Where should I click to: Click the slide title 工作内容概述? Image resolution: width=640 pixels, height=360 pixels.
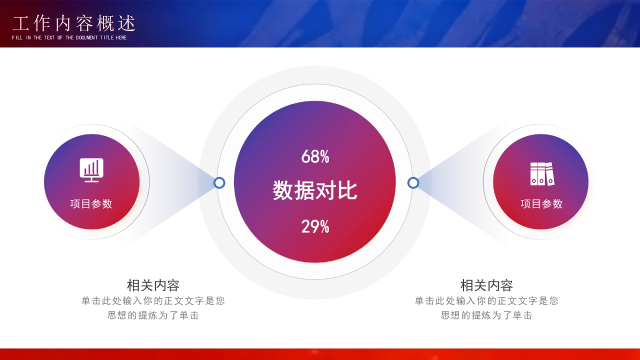pyautogui.click(x=74, y=23)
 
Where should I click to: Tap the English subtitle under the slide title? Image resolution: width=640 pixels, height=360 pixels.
pyautogui.click(x=69, y=38)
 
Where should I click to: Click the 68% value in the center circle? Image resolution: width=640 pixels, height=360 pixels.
pyautogui.click(x=315, y=157)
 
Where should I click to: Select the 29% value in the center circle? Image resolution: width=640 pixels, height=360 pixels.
pyautogui.click(x=315, y=227)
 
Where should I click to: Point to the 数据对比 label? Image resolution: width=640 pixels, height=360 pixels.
pyautogui.click(x=315, y=191)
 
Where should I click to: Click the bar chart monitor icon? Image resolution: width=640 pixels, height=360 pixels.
pyautogui.click(x=92, y=170)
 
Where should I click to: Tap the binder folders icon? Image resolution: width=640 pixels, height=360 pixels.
pyautogui.click(x=541, y=174)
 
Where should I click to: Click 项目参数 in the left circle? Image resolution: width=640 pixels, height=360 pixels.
pyautogui.click(x=91, y=204)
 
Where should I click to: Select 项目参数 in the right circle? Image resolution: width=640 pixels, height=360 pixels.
pyautogui.click(x=541, y=204)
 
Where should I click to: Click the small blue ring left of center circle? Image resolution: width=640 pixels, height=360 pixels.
pyautogui.click(x=219, y=183)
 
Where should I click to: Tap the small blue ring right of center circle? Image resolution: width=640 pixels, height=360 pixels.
pyautogui.click(x=413, y=183)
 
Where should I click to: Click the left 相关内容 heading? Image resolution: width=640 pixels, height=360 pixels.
pyautogui.click(x=153, y=285)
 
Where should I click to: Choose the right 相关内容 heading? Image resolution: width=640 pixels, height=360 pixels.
pyautogui.click(x=486, y=285)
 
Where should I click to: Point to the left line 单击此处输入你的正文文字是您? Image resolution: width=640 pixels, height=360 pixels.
pyautogui.click(x=153, y=301)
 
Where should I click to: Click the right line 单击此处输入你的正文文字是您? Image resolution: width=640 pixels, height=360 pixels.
pyautogui.click(x=486, y=301)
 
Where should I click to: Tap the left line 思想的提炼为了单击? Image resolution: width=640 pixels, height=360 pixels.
pyautogui.click(x=153, y=315)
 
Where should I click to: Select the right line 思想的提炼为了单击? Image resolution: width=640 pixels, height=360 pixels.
pyautogui.click(x=486, y=315)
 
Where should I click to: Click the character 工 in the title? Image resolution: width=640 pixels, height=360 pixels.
pyautogui.click(x=20, y=23)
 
